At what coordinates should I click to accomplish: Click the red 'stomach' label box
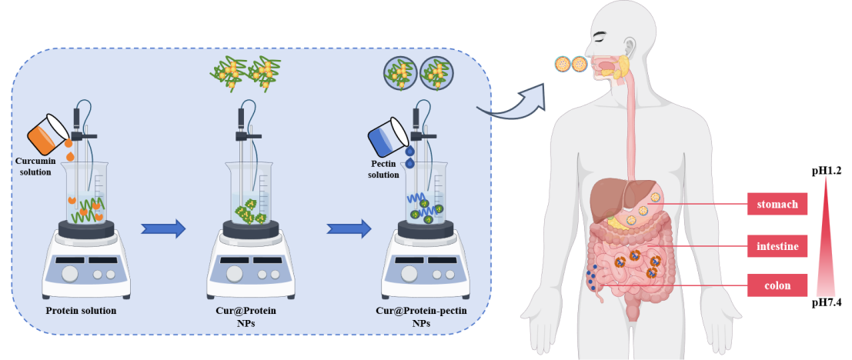(777, 204)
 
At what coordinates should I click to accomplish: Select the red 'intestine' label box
(777, 246)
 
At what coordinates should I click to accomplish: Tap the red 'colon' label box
(777, 285)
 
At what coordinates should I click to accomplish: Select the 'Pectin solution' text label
(383, 169)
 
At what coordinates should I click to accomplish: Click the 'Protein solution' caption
(81, 311)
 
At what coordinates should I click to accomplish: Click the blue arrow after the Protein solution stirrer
(163, 228)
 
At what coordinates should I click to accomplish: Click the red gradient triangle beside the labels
(825, 238)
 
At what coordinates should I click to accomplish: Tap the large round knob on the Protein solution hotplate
(70, 273)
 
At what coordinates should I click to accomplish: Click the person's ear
(630, 46)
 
